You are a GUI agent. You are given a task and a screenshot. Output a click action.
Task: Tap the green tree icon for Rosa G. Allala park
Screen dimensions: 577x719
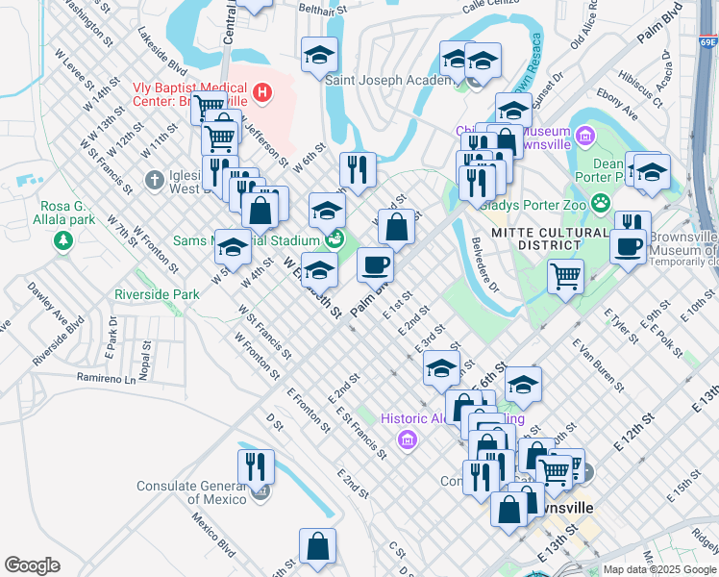pos(63,239)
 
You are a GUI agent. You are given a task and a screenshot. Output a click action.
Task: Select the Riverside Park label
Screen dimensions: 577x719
pos(156,293)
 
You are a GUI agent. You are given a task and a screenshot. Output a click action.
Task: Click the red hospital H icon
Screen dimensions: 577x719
pos(261,93)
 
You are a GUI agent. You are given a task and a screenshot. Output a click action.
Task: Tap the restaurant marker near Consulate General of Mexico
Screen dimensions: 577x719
pos(256,467)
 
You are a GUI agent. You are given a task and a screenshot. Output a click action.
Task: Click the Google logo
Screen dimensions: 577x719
pos(32,565)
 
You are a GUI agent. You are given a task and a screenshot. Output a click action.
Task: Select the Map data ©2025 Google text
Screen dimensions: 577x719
pos(658,569)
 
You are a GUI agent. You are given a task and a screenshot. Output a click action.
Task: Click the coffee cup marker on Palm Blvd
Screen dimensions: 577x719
pos(375,264)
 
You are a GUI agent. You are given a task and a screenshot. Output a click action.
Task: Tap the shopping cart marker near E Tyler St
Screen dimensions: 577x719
pos(565,277)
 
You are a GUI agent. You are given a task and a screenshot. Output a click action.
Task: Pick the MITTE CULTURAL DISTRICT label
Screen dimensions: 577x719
pos(536,238)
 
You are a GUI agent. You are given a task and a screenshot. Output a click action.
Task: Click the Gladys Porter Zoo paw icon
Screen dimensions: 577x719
pos(602,202)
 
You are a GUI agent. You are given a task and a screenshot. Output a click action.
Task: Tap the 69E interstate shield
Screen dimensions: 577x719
pos(708,41)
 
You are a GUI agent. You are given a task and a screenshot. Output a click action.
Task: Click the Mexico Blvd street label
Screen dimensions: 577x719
pos(212,535)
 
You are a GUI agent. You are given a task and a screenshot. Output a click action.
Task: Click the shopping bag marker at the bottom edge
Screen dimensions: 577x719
pos(317,546)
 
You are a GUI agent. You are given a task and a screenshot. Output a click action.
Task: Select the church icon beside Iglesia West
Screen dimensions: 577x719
pos(154,180)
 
